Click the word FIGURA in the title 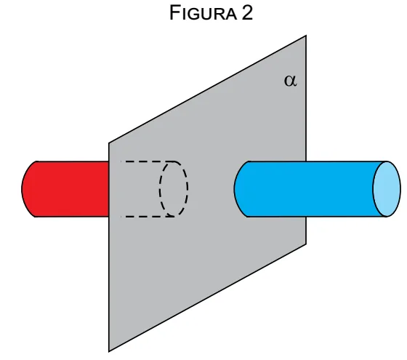click(203, 13)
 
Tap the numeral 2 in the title click(247, 13)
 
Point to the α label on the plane click(291, 81)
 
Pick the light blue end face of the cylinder click(387, 189)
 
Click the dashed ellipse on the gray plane click(174, 189)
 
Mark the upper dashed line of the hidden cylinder click(148, 161)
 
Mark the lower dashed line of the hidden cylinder click(148, 217)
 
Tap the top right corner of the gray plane click(306, 36)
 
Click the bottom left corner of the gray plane click(109, 351)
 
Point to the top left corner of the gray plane click(109, 143)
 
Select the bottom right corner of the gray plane click(306, 244)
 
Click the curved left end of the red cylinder click(22, 189)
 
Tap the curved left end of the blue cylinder click(234, 189)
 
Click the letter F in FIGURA click(174, 12)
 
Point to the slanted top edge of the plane click(208, 89)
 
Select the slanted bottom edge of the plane click(208, 297)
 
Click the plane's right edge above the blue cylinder click(306, 98)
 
